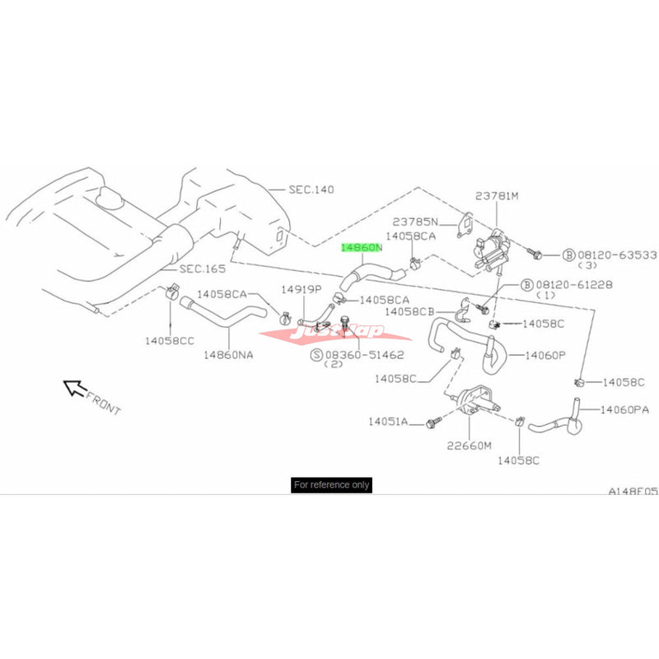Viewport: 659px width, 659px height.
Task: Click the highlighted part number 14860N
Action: click(362, 246)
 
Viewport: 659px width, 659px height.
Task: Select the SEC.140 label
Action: click(311, 189)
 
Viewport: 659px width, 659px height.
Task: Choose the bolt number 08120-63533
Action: click(610, 255)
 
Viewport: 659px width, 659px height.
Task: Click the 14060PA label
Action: click(628, 409)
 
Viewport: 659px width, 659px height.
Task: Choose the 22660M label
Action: click(469, 445)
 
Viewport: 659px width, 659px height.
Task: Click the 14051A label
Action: click(389, 422)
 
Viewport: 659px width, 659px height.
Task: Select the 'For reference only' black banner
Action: click(331, 485)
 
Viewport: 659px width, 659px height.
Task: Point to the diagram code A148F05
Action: click(633, 490)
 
